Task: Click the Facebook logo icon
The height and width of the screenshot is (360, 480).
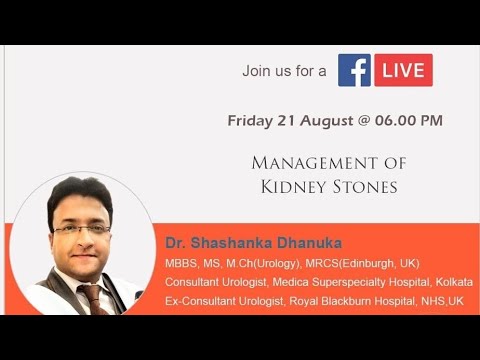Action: tap(354, 70)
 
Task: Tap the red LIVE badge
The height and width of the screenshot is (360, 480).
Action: tap(403, 70)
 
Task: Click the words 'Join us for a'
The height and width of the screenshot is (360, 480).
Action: tap(284, 71)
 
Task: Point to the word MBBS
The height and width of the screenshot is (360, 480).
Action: tap(181, 262)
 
